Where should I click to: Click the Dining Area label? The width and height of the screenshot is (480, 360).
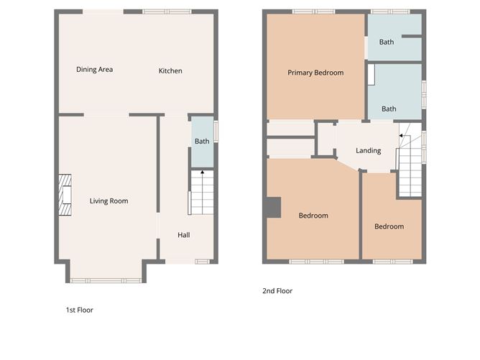click(x=95, y=70)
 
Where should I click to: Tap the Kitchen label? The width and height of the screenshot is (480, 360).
click(x=170, y=70)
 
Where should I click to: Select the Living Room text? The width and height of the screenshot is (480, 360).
click(x=109, y=201)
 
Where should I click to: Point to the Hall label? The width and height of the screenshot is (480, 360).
click(x=184, y=235)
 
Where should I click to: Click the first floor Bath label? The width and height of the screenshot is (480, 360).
click(x=202, y=142)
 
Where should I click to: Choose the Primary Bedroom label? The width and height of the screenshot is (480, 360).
click(x=315, y=73)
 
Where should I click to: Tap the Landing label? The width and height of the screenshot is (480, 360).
click(x=368, y=150)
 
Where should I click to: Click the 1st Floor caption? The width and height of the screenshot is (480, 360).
click(x=80, y=310)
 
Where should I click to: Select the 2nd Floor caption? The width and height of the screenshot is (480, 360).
click(x=278, y=291)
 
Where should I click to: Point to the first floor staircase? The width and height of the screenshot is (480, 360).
click(x=200, y=194)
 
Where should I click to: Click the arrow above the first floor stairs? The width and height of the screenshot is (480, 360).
click(x=203, y=172)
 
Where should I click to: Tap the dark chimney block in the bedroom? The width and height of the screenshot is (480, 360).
click(x=272, y=206)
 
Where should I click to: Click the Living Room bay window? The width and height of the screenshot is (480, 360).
click(x=107, y=280)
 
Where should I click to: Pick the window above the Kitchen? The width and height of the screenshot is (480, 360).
click(x=165, y=11)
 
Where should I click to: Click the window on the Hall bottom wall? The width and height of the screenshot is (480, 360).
click(x=202, y=261)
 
